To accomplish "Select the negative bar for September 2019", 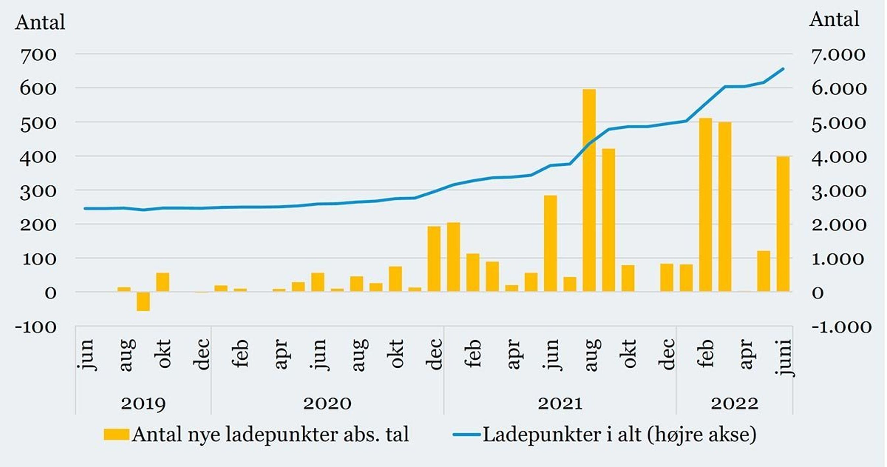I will [x=143, y=302].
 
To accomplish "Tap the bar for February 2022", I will [x=705, y=205].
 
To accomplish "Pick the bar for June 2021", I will [x=550, y=243].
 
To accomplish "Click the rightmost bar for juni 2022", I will [x=783, y=224].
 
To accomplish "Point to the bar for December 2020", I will [x=434, y=259].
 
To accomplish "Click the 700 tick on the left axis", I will [x=38, y=55].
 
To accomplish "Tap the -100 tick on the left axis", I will [x=36, y=327].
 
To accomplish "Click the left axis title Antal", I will [x=40, y=23].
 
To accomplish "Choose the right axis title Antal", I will [x=834, y=19].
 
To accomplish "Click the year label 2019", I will [x=143, y=403].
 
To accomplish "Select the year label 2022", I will [x=734, y=403].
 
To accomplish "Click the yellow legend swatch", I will [x=116, y=434].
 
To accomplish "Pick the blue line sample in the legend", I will [x=466, y=435].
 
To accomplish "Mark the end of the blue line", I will [x=783, y=69].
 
